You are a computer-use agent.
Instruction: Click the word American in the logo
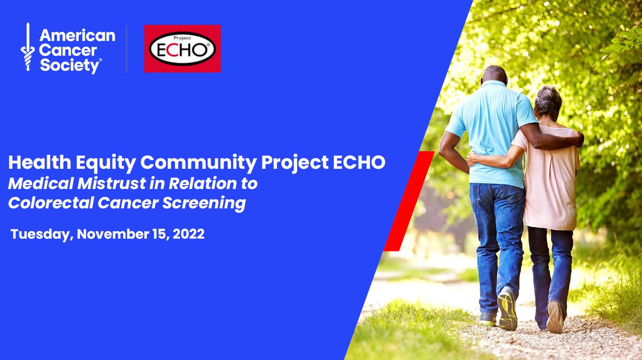pos(77,36)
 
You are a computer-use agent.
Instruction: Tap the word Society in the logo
pos(69,66)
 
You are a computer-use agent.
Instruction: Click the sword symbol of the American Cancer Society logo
pos(28,47)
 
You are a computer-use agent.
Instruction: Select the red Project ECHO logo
pos(182,48)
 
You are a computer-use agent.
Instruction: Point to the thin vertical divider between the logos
pos(127,48)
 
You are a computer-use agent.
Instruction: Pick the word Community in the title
pos(198,163)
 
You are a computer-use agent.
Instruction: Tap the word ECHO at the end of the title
pos(359,162)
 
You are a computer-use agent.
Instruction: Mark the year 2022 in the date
pos(189,234)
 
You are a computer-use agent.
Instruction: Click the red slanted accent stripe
pos(409,201)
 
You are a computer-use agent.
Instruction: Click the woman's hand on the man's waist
pos(473,157)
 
